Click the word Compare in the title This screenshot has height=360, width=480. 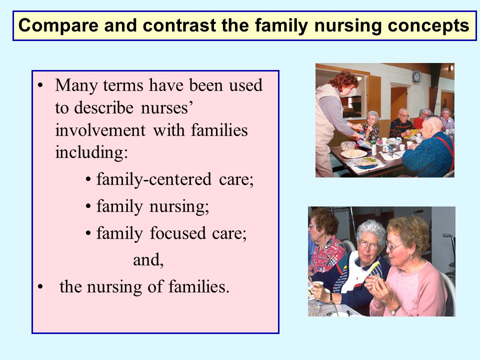tap(58, 26)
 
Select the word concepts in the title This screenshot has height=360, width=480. tap(428, 26)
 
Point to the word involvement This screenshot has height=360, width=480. tap(100, 130)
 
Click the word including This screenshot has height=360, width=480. tap(91, 152)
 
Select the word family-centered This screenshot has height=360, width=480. tap(154, 179)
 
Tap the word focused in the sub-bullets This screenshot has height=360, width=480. tap(177, 233)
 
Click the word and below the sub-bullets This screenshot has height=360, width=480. tap(148, 260)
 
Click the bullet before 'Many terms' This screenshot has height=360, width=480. tap(40, 85)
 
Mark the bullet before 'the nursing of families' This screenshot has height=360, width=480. tap(40, 287)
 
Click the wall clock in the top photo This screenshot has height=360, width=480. tap(416, 76)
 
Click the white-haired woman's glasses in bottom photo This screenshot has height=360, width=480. tap(368, 245)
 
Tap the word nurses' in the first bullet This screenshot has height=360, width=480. tap(167, 108)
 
